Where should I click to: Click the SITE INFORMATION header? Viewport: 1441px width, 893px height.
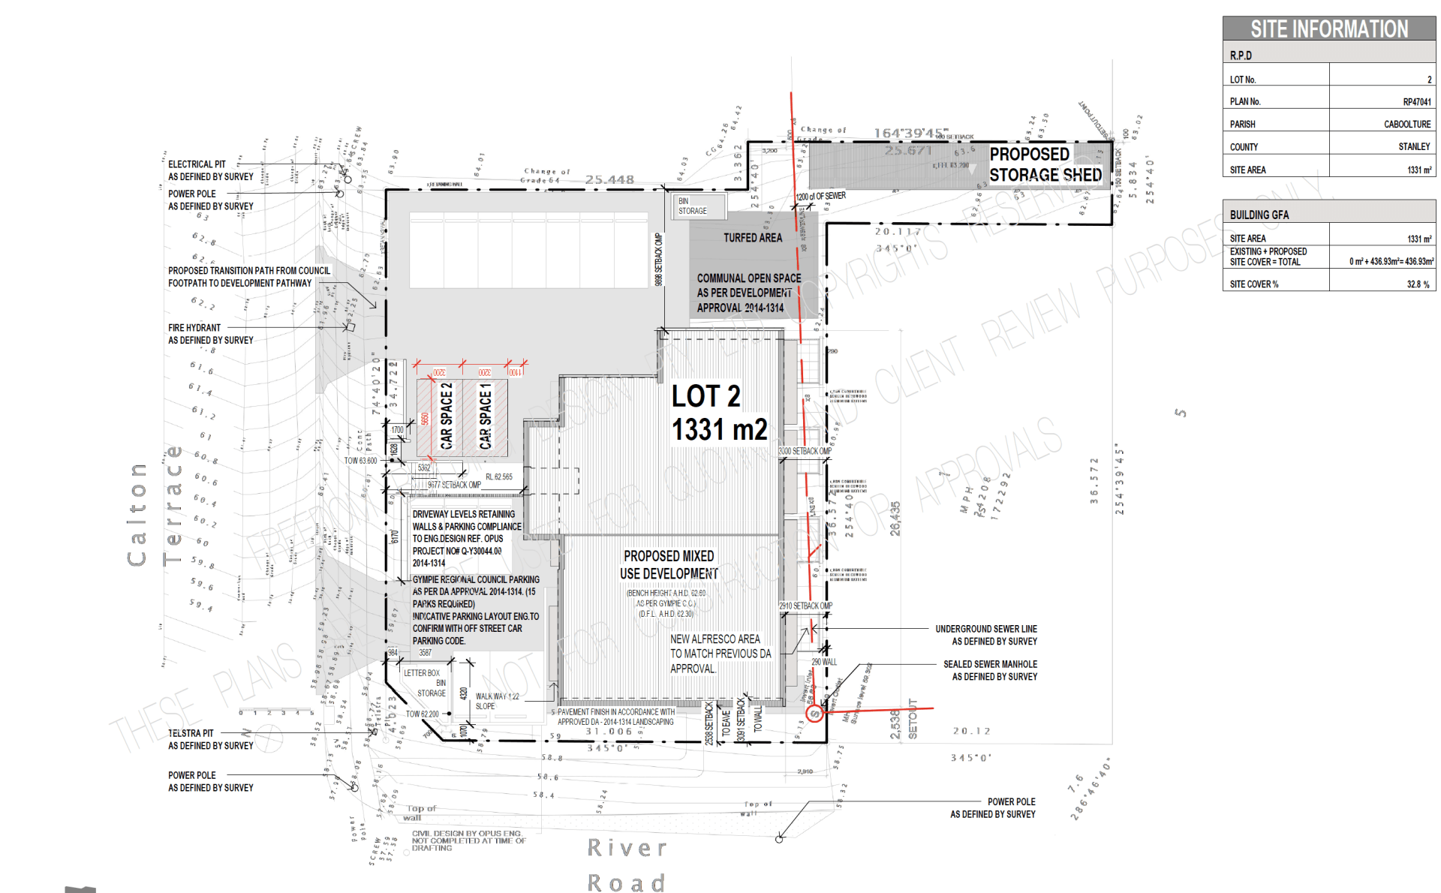pos(1328,29)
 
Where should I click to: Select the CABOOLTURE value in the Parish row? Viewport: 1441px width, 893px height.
pos(1406,125)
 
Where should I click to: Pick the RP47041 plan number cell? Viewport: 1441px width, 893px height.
pos(1416,102)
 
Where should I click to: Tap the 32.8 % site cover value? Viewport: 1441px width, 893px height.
pos(1418,284)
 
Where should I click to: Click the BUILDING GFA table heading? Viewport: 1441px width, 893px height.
pos(1259,215)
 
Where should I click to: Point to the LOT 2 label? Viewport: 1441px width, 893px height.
pos(705,396)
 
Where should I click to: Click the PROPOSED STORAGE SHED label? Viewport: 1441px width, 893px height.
pos(1045,164)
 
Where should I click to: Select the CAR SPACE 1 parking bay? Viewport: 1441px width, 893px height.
pos(486,416)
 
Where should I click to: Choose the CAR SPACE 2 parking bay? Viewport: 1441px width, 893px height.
pos(446,416)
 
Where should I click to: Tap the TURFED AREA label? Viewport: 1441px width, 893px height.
pos(752,238)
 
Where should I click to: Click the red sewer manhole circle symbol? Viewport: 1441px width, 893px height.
pos(814,714)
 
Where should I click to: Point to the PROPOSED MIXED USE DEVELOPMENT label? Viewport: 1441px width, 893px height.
pos(669,564)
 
